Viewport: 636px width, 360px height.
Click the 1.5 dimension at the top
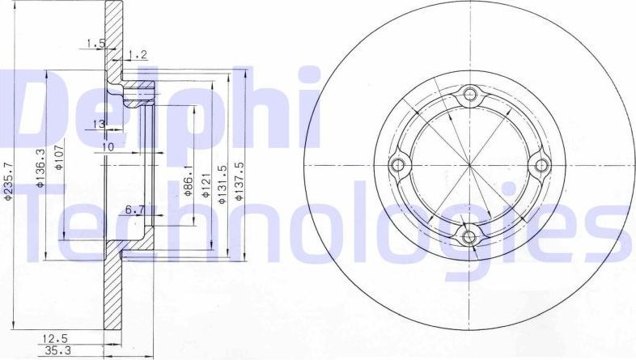click(97, 44)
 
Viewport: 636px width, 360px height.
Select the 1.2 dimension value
click(138, 55)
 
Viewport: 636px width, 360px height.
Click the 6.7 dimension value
click(134, 210)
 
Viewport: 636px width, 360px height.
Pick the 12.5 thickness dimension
click(56, 337)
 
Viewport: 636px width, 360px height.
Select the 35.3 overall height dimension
click(56, 351)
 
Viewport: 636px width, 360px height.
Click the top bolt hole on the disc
click(469, 95)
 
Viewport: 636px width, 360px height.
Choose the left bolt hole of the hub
click(398, 165)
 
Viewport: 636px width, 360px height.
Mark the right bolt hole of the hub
click(540, 165)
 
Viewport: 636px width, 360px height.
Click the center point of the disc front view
click(469, 165)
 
